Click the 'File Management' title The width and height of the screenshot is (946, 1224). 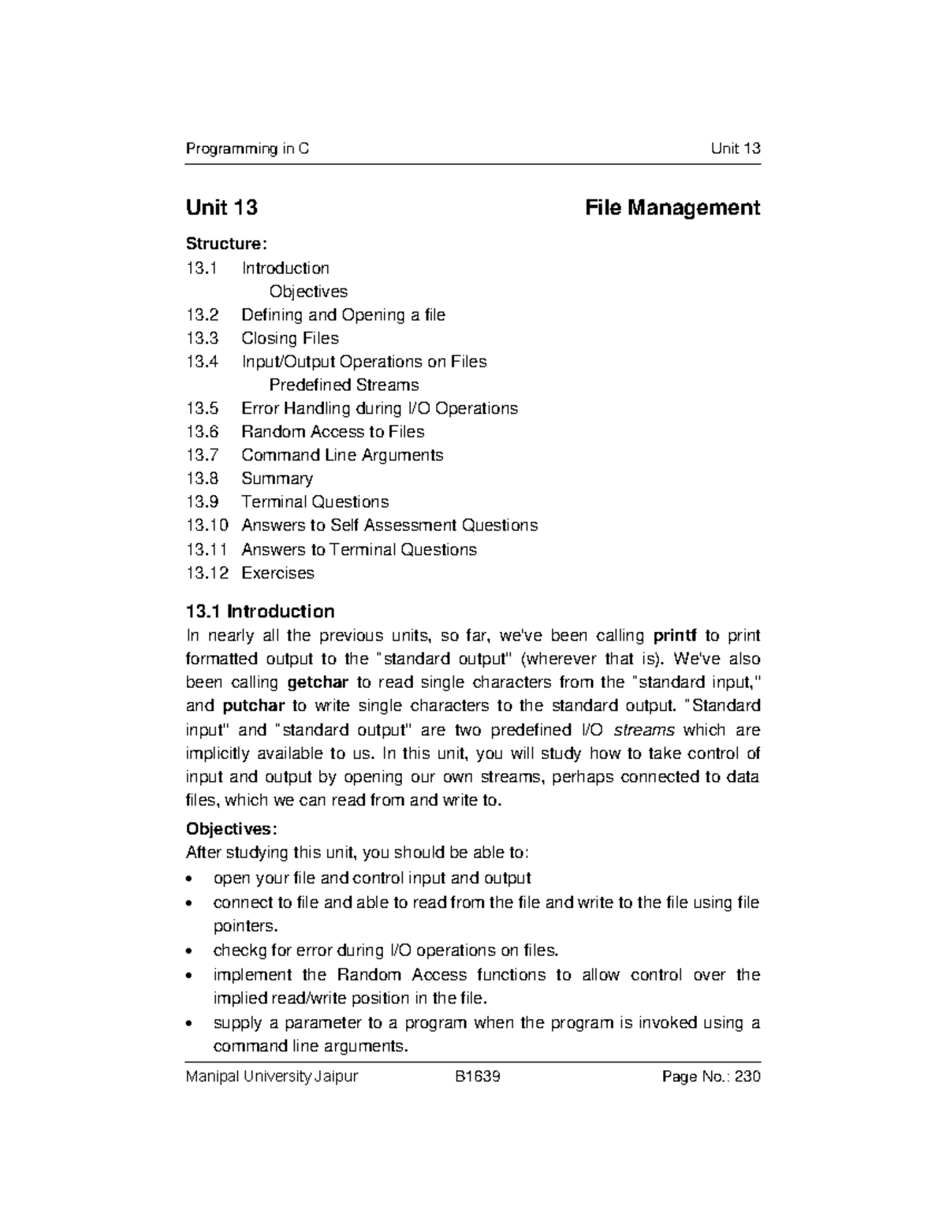click(672, 208)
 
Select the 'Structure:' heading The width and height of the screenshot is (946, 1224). click(221, 244)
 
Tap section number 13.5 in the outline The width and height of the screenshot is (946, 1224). click(202, 408)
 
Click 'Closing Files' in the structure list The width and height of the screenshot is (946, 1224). click(289, 338)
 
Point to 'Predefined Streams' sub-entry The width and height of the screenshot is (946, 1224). click(344, 385)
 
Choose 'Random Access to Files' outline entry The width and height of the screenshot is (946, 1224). click(333, 432)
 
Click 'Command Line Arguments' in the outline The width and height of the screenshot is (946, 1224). click(342, 456)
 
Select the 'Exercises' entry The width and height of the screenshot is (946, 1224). click(277, 573)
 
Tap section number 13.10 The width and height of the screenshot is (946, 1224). click(207, 526)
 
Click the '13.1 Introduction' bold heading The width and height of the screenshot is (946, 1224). click(259, 612)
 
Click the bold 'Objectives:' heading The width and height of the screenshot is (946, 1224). click(231, 829)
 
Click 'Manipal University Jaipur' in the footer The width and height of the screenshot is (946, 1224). click(271, 1077)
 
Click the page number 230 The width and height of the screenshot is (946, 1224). click(747, 1077)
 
